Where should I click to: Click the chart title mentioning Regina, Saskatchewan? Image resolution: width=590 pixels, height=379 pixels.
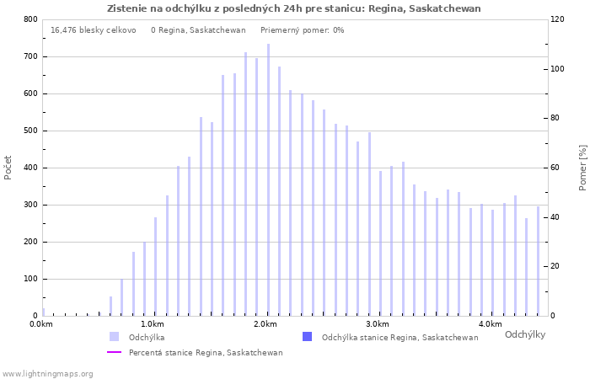click(294, 8)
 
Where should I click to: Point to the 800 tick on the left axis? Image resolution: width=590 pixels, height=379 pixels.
click(30, 19)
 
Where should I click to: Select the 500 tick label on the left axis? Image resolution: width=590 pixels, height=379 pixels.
click(30, 131)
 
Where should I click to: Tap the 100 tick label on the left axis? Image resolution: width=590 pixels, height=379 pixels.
click(30, 279)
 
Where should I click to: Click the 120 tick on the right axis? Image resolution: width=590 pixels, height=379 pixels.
click(558, 19)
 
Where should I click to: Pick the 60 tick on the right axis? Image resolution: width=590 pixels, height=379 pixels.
click(556, 168)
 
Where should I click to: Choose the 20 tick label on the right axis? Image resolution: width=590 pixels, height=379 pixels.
click(556, 266)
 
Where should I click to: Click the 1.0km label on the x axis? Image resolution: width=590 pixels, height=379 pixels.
click(153, 324)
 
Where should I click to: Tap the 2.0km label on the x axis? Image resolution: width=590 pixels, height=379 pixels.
click(265, 324)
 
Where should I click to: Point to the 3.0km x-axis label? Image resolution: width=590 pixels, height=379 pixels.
click(378, 324)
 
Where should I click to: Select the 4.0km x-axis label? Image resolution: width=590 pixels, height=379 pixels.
click(490, 324)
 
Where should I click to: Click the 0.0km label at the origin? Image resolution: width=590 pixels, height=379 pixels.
click(40, 324)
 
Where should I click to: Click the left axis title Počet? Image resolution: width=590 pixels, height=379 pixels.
click(8, 167)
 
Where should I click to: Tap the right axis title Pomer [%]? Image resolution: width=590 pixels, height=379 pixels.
click(582, 167)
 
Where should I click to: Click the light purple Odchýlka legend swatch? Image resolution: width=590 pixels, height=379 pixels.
click(114, 337)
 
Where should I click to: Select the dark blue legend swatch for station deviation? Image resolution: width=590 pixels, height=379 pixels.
click(307, 337)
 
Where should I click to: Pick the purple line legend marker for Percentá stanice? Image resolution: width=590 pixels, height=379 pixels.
click(114, 352)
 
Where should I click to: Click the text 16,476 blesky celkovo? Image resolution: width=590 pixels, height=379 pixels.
click(93, 30)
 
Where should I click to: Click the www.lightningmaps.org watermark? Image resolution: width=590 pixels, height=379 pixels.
click(47, 373)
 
